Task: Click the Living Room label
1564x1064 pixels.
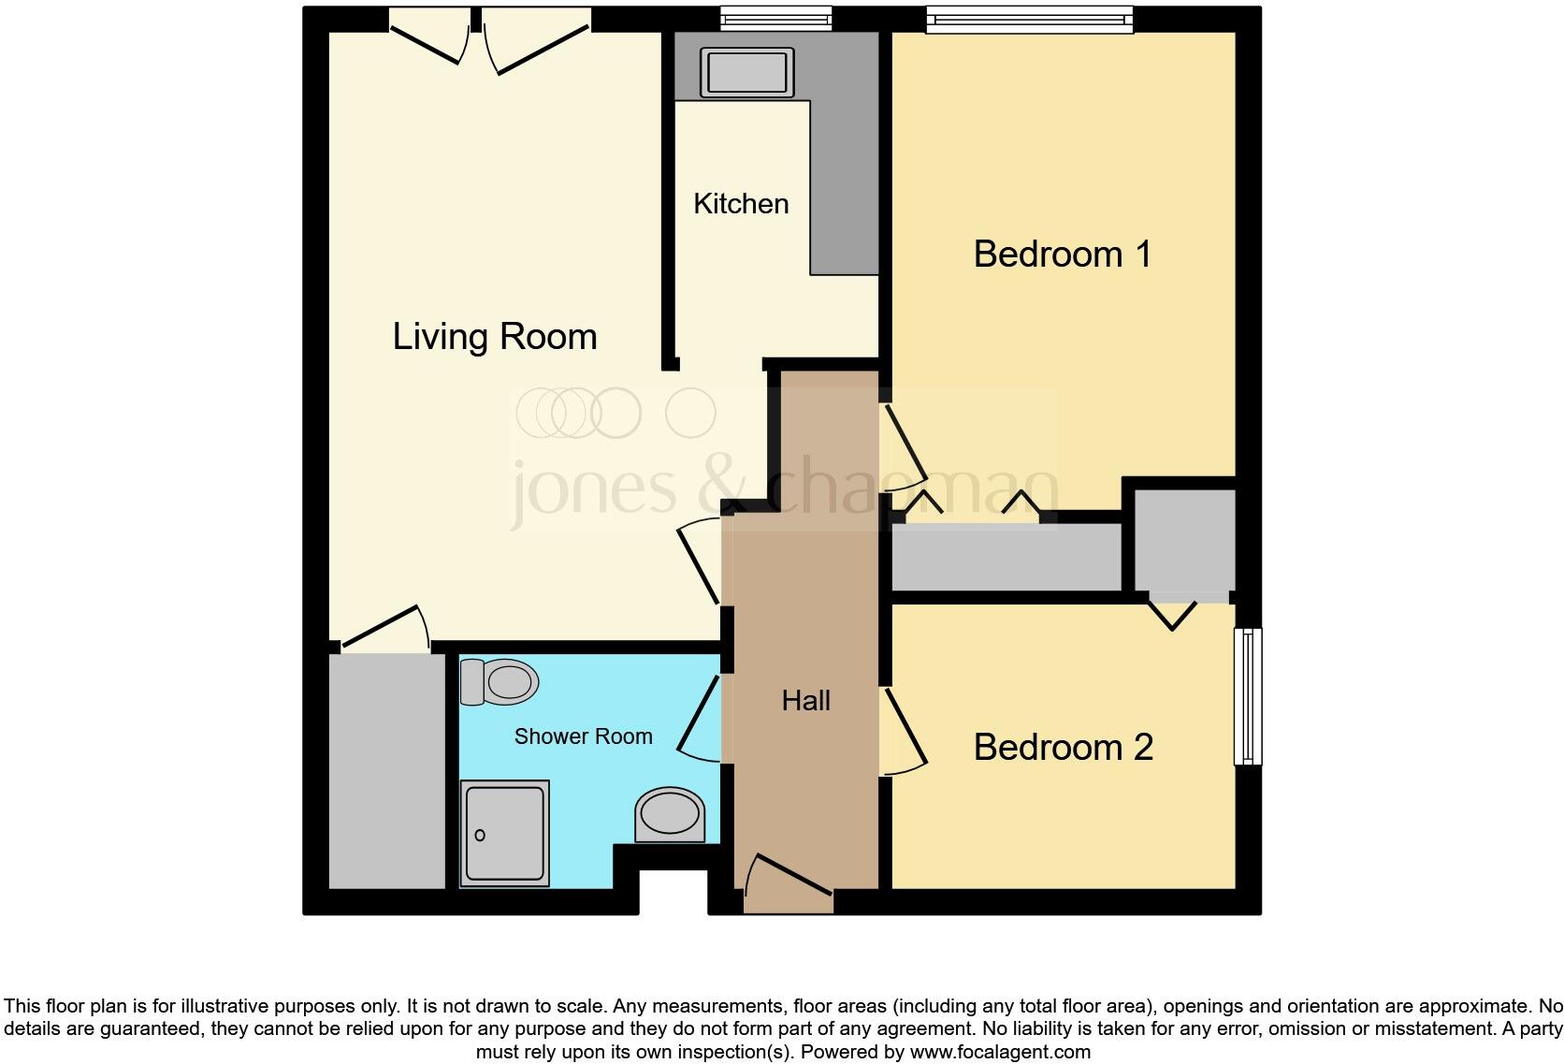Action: click(x=494, y=337)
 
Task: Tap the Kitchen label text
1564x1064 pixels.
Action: click(x=741, y=204)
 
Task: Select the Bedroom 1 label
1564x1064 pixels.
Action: click(x=1062, y=255)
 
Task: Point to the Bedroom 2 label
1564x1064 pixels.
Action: click(x=1063, y=748)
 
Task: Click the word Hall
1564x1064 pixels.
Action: click(x=805, y=701)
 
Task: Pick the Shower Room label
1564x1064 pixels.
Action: click(x=583, y=736)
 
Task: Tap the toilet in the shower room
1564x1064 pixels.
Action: click(x=500, y=682)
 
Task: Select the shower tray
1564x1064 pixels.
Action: click(x=504, y=833)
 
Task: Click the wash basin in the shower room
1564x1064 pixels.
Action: click(x=670, y=812)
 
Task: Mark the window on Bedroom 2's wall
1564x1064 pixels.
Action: click(x=1248, y=695)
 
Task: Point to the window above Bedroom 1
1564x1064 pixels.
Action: click(x=1029, y=19)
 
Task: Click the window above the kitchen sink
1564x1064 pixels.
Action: click(x=776, y=18)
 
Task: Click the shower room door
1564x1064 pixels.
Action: click(x=700, y=718)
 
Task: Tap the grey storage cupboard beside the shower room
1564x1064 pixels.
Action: click(x=387, y=770)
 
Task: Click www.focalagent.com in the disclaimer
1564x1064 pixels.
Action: click(x=1000, y=1052)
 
